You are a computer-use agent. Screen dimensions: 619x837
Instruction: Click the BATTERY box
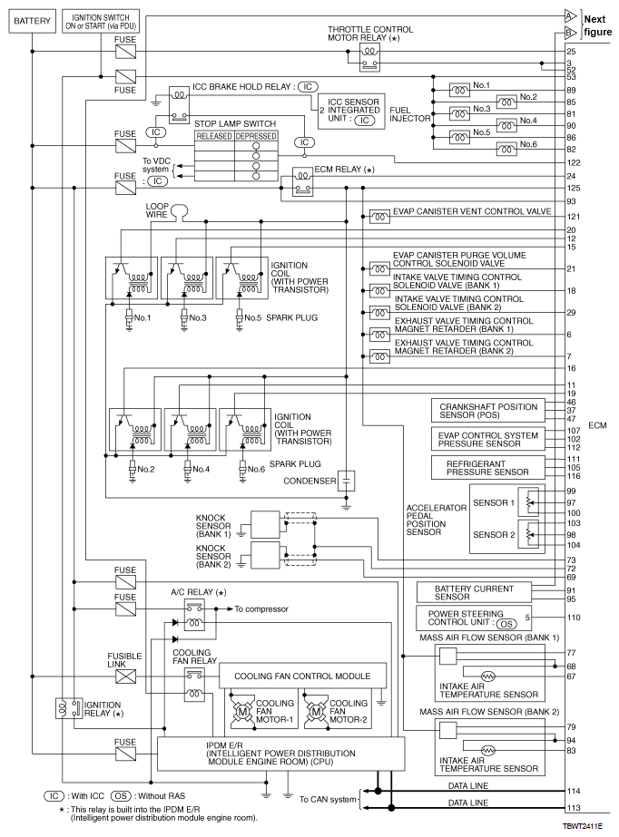pyautogui.click(x=32, y=21)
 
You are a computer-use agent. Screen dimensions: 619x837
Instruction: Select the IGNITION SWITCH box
pyautogui.click(x=101, y=22)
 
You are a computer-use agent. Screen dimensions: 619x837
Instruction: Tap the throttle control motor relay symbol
pyautogui.click(x=369, y=58)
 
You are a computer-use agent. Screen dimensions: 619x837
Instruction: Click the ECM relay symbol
pyautogui.click(x=303, y=182)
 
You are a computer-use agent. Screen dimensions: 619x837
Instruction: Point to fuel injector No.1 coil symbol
pyautogui.click(x=459, y=91)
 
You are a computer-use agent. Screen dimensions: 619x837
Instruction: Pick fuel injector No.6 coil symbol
pyautogui.click(x=506, y=150)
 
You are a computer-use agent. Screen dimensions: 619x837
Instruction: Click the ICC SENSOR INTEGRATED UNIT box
pyautogui.click(x=351, y=111)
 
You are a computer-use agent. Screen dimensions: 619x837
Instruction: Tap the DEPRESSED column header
pyautogui.click(x=256, y=136)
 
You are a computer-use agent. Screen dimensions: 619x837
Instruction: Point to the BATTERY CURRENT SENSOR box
pyautogui.click(x=474, y=592)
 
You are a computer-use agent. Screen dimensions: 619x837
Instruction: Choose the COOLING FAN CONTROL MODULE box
pyautogui.click(x=302, y=676)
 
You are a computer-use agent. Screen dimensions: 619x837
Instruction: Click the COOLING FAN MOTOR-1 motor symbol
pyautogui.click(x=242, y=712)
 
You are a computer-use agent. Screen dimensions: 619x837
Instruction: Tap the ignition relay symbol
pyautogui.click(x=69, y=708)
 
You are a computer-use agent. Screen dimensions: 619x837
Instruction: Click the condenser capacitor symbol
pyautogui.click(x=347, y=481)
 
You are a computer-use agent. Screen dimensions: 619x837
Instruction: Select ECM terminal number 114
pyautogui.click(x=574, y=791)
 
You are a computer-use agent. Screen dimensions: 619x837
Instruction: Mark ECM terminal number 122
pyautogui.click(x=574, y=163)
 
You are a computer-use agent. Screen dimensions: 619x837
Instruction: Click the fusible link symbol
pyautogui.click(x=125, y=676)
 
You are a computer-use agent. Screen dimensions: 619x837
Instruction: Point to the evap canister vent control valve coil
pyautogui.click(x=379, y=217)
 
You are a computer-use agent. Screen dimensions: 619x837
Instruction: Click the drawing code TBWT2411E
pyautogui.click(x=582, y=826)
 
